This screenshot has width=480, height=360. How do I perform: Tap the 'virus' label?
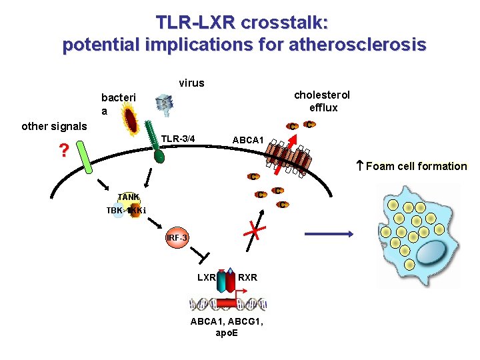[x=191, y=83]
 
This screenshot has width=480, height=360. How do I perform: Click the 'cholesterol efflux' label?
[x=322, y=101]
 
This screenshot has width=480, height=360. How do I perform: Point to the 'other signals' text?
[x=54, y=126]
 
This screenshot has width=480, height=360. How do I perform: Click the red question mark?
[x=63, y=151]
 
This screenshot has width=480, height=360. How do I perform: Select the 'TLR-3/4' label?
[x=179, y=139]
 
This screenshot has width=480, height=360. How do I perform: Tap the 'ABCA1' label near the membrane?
[x=248, y=140]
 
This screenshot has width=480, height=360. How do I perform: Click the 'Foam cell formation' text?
[x=416, y=166]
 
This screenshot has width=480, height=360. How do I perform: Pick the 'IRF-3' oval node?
[x=177, y=239]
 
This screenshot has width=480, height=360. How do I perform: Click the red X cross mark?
[x=252, y=231]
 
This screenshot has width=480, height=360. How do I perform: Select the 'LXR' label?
[x=206, y=277]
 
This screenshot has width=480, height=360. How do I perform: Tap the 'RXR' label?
[x=247, y=277]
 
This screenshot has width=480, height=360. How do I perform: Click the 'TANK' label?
[x=128, y=197]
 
